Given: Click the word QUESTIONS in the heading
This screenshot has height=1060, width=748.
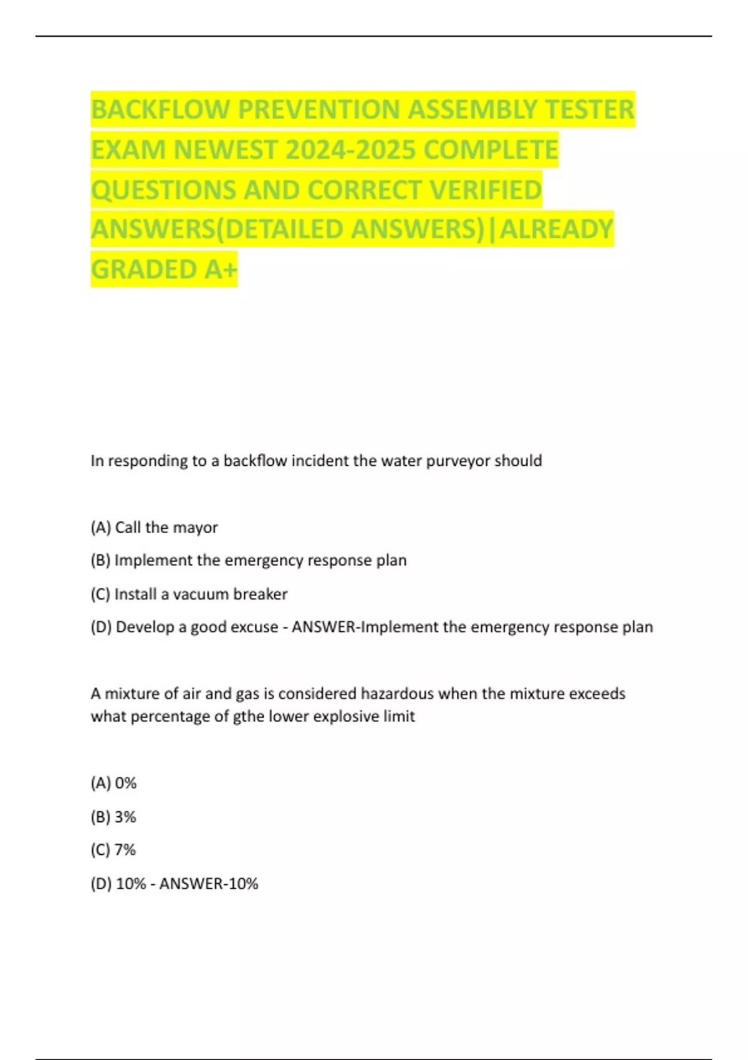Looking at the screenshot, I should [x=163, y=190].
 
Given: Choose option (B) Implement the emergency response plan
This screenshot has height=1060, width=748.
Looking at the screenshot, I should [x=248, y=561].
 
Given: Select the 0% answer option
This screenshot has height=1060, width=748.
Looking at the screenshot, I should [x=113, y=783].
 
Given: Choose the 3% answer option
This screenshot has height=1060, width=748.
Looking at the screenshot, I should [x=113, y=817].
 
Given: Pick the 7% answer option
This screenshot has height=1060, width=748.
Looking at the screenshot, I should [x=113, y=850].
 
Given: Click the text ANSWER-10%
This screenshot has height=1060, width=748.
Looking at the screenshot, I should [x=208, y=884].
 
